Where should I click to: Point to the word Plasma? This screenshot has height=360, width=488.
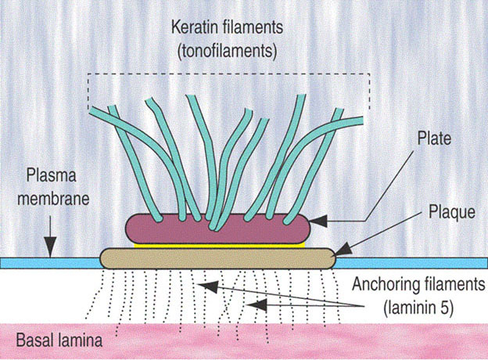point(49,174)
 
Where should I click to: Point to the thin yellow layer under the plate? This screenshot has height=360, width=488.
point(219,244)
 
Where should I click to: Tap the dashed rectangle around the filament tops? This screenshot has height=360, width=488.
point(235,74)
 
